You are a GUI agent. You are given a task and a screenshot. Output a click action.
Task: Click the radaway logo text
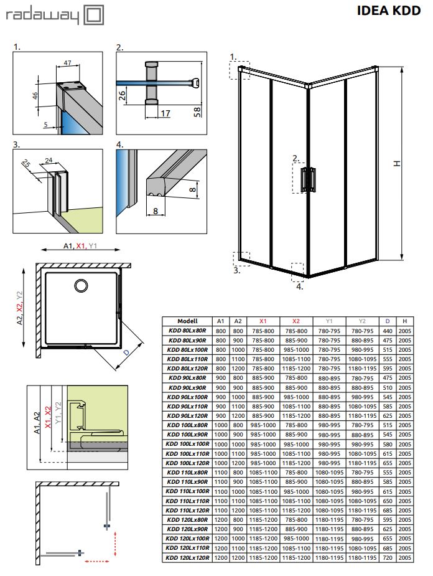(42, 16)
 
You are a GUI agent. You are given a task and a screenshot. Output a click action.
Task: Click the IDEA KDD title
(389, 11)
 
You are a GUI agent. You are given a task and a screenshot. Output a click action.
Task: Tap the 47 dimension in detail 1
(68, 63)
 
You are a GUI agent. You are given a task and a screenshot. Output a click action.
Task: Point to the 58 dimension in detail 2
(197, 111)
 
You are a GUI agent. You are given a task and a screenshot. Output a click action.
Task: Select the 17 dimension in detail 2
(165, 113)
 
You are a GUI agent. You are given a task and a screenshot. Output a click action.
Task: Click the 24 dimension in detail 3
(49, 160)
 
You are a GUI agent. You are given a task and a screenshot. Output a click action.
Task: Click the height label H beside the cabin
(397, 164)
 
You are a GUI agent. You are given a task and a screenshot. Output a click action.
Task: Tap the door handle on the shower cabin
(308, 179)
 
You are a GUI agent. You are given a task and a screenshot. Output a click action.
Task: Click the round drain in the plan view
(81, 285)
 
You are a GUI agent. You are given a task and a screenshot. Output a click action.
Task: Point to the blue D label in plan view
(126, 352)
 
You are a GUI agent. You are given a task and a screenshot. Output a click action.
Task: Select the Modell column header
(187, 321)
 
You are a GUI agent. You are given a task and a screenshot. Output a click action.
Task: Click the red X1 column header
(263, 321)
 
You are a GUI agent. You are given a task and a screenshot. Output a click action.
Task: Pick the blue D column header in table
(388, 321)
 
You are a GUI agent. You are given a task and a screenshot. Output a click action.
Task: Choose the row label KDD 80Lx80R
(187, 331)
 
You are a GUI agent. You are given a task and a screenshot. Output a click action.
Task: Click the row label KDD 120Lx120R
(187, 558)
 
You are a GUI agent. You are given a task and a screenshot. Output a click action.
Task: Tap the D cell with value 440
(388, 331)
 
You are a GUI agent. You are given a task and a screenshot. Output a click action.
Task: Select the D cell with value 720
(388, 558)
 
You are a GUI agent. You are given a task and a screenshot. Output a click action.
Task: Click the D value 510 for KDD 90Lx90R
(388, 387)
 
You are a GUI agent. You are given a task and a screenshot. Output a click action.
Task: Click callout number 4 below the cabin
(299, 286)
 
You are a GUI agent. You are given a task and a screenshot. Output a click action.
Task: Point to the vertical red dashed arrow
(116, 543)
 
